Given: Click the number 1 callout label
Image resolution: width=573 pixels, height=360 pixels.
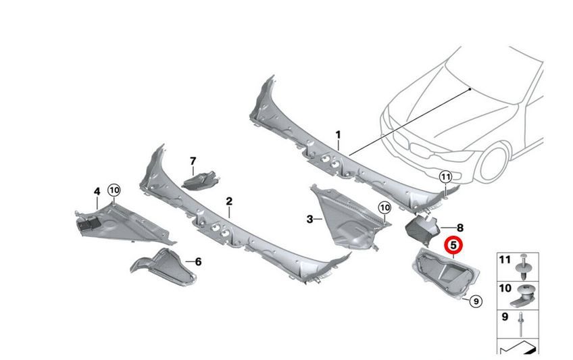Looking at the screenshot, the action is pos(338,135).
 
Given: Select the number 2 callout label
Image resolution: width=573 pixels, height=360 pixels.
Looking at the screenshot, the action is pos(229,201).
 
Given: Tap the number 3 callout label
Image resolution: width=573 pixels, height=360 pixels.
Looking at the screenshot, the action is pos(310,220).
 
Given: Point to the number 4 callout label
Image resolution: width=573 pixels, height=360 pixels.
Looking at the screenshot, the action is pos(97,192).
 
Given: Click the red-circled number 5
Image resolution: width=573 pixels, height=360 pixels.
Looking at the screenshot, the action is pos(453,245).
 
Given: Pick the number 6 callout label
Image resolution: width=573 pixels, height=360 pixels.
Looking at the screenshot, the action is pos(198,262).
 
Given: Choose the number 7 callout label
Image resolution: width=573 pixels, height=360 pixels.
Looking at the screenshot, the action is pos(193,161).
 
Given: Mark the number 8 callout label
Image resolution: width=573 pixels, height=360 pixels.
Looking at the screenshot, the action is pos(460,228).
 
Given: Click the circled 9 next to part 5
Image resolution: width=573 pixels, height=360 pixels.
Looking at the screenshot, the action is pos(476,302).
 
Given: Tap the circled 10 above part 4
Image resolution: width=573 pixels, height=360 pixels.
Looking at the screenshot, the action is pos(114,190).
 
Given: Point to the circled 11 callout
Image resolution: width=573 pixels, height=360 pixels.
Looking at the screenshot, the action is pos(445,178).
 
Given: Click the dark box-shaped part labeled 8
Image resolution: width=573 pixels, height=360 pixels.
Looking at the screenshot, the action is pos(422,228).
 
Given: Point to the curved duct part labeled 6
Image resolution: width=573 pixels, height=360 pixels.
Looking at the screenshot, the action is pos(164,267).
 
